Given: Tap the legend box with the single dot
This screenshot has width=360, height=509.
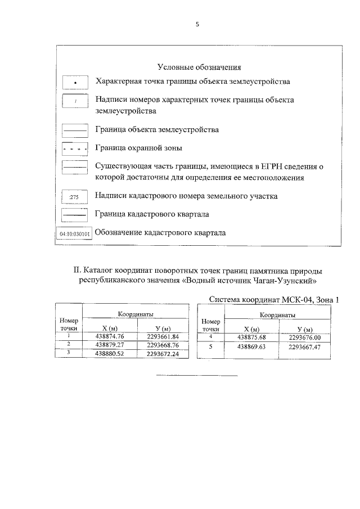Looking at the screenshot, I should click(x=75, y=83).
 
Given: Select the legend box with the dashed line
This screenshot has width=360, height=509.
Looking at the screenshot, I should click(x=75, y=149).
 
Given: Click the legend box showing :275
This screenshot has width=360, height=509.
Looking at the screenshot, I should click(x=74, y=197).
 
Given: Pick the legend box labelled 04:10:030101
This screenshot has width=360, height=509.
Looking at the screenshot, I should click(x=75, y=233).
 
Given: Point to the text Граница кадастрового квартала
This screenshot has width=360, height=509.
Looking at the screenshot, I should click(x=152, y=214).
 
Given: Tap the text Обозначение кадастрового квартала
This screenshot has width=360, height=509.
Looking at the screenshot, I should click(x=161, y=233).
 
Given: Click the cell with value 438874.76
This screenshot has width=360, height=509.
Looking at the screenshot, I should click(x=109, y=336).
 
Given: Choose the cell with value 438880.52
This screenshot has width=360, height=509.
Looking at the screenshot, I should click(x=109, y=353).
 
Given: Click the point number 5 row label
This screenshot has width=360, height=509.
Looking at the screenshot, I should click(x=210, y=347).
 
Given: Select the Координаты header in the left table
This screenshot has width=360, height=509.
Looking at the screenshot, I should click(x=135, y=315).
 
